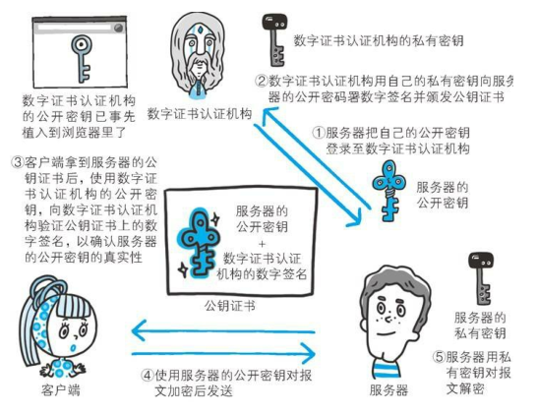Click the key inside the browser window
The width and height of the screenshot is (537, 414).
tap(82, 58)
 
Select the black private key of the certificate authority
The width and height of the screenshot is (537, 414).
tap(273, 39)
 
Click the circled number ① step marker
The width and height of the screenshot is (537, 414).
tap(318, 133)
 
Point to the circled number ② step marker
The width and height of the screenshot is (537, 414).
tap(262, 82)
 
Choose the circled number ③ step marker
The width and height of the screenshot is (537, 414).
tap(18, 161)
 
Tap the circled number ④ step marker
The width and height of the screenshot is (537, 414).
tap(148, 375)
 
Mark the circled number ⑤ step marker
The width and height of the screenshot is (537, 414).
tap(439, 357)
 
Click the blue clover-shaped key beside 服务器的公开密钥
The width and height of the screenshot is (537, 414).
tap(388, 191)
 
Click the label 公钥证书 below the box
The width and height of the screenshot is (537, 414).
tap(230, 306)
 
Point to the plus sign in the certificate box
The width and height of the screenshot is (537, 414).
tap(262, 244)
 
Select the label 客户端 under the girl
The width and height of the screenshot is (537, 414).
tap(61, 390)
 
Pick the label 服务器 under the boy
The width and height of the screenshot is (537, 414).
tap(389, 390)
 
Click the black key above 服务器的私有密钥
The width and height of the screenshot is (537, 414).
tap(481, 278)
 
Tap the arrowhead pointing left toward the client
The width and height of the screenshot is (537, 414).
tap(137, 330)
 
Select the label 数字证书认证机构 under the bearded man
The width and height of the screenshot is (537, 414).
tap(200, 114)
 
